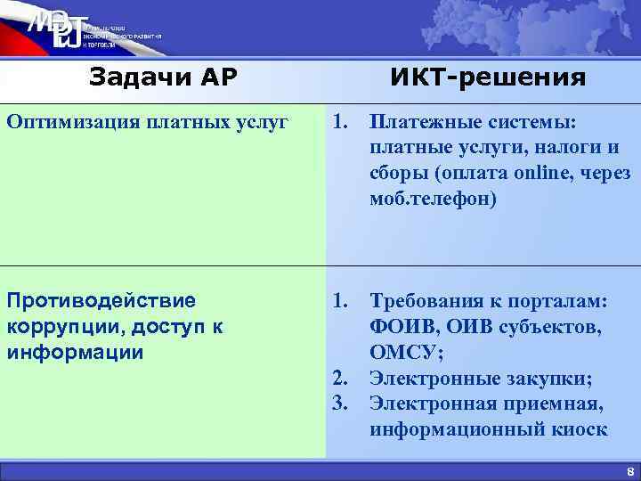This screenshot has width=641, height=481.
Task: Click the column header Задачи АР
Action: (x=163, y=78)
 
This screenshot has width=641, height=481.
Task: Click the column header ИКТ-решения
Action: (x=488, y=78)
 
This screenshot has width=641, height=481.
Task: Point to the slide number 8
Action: (x=629, y=472)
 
